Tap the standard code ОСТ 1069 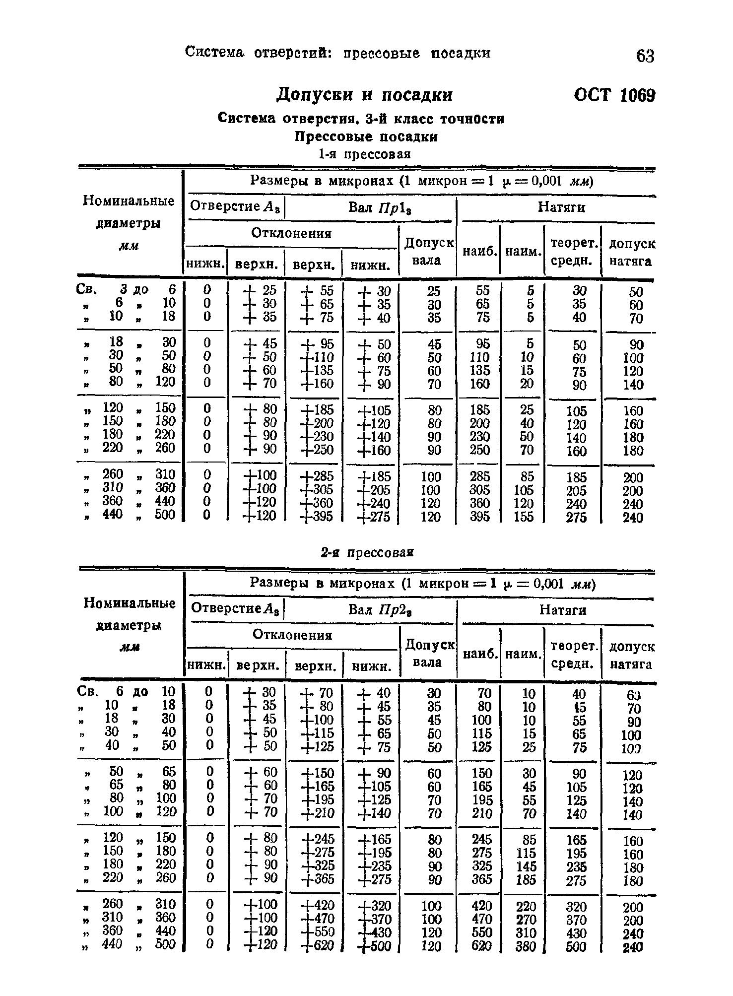coord(614,94)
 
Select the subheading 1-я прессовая coord(365,154)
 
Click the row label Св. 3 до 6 coord(127,289)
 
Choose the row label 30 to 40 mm coord(127,732)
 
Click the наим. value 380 coord(526,946)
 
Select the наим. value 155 coord(524,517)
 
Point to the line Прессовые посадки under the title coord(366,136)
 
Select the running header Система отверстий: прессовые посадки coord(337,53)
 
